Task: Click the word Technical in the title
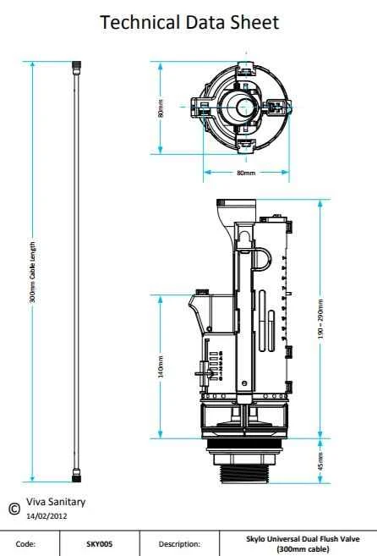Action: (139, 22)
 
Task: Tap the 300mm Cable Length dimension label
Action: (32, 272)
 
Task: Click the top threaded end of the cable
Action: (77, 67)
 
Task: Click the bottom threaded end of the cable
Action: (77, 476)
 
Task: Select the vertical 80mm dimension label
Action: (161, 108)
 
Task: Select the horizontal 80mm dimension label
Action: (246, 173)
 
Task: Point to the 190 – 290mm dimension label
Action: (320, 319)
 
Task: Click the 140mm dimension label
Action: (161, 367)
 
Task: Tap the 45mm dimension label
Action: (320, 461)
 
